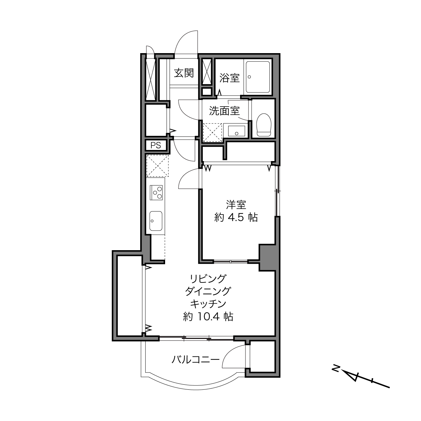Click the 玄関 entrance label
(184, 73)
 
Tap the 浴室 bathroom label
(229, 78)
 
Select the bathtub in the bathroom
(258, 77)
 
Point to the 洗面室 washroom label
(224, 111)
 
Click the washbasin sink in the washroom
(236, 131)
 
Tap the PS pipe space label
(156, 145)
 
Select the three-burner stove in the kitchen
(156, 192)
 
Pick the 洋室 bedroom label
(236, 205)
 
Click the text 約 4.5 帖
(236, 217)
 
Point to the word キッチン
(208, 304)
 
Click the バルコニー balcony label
(195, 359)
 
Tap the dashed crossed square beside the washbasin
(213, 132)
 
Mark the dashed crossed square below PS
(157, 165)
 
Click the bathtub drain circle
(249, 77)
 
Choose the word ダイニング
(208, 291)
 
